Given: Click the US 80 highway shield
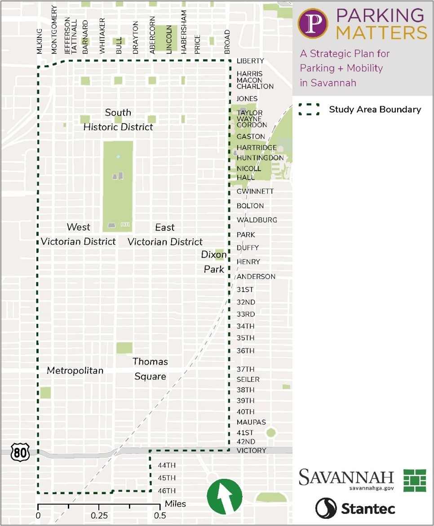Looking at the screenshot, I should tap(20, 453).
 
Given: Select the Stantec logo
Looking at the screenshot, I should tap(355, 508).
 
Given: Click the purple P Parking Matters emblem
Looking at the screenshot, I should tap(310, 23).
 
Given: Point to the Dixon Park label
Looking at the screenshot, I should tap(214, 262).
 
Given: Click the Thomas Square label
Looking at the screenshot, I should tap(150, 369).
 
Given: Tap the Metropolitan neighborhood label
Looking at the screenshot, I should tap(75, 370).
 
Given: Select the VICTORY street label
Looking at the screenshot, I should tap(252, 450).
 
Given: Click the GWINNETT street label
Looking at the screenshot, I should tap(255, 191).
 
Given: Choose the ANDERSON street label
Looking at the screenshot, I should tap(256, 276).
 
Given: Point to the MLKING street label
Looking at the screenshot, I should tap(40, 42).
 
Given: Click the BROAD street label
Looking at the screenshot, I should tap(227, 42).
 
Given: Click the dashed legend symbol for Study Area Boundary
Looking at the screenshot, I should tap(309, 110).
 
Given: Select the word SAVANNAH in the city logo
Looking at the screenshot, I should tap(346, 477).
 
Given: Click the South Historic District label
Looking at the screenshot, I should tap(118, 120).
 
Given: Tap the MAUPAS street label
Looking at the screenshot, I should tap(251, 422).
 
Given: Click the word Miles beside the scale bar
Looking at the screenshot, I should tap(175, 504).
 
